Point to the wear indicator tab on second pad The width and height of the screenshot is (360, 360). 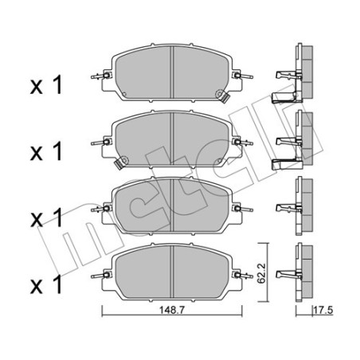(119, 165)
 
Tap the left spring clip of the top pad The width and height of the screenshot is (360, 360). (100, 77)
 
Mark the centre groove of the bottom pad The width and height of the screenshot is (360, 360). (174, 272)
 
